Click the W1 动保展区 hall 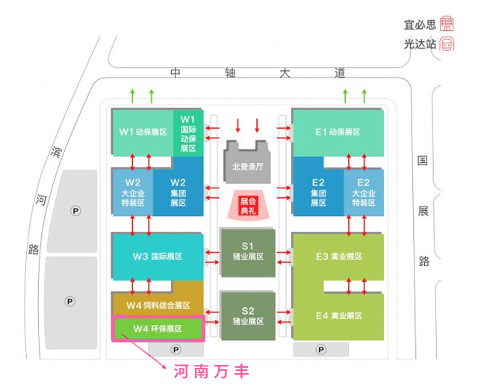[x=142, y=132]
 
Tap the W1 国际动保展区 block [x=187, y=132]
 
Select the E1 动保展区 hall [x=338, y=132]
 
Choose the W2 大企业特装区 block [x=132, y=191]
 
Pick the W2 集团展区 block [x=178, y=191]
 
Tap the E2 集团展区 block [x=318, y=191]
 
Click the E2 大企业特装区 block [x=364, y=191]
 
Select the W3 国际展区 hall [x=157, y=256]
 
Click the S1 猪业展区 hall [x=248, y=251]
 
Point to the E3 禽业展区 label [x=338, y=256]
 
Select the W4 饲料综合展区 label [x=158, y=305]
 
